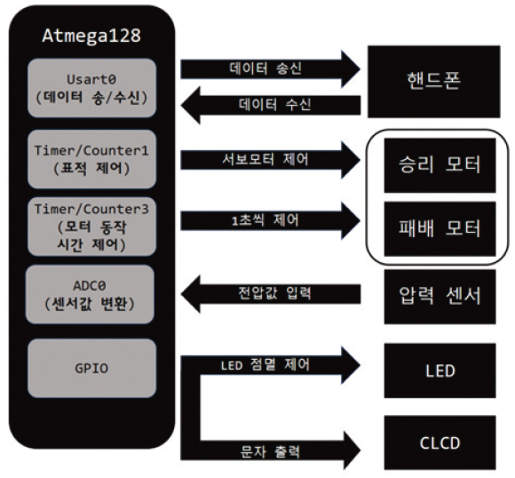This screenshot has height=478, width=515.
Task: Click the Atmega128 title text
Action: pyautogui.click(x=91, y=36)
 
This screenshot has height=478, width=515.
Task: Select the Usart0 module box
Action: pyautogui.click(x=91, y=88)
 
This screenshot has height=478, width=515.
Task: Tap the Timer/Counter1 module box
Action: pyautogui.click(x=91, y=159)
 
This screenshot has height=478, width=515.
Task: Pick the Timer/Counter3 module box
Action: pyautogui.click(x=91, y=227)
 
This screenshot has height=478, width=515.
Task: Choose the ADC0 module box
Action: pyautogui.click(x=90, y=294)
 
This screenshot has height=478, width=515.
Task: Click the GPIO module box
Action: pyautogui.click(x=91, y=368)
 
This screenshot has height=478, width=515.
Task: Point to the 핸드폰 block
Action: pyautogui.click(x=434, y=82)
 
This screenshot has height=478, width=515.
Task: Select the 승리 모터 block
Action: pyautogui.click(x=440, y=165)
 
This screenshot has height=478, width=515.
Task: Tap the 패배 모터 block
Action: pyautogui.click(x=440, y=229)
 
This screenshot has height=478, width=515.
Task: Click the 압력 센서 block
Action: pyautogui.click(x=440, y=297)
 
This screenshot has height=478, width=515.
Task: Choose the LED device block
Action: pyautogui.click(x=440, y=370)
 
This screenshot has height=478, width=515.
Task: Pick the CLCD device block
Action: pyautogui.click(x=440, y=442)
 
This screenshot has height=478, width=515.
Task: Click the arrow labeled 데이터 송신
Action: pyautogui.click(x=270, y=69)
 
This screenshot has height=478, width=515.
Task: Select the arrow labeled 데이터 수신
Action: pyautogui.click(x=270, y=106)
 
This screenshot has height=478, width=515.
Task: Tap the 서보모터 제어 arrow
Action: pyautogui.click(x=270, y=160)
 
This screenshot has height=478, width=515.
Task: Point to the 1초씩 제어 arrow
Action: pyautogui.click(x=270, y=220)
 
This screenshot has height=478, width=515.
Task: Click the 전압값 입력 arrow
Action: pyautogui.click(x=270, y=294)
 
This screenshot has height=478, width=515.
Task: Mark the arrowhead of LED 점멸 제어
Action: pyautogui.click(x=351, y=365)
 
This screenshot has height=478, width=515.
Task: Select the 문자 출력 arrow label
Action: pyautogui.click(x=270, y=451)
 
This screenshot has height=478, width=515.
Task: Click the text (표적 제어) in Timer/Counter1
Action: pyautogui.click(x=91, y=168)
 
